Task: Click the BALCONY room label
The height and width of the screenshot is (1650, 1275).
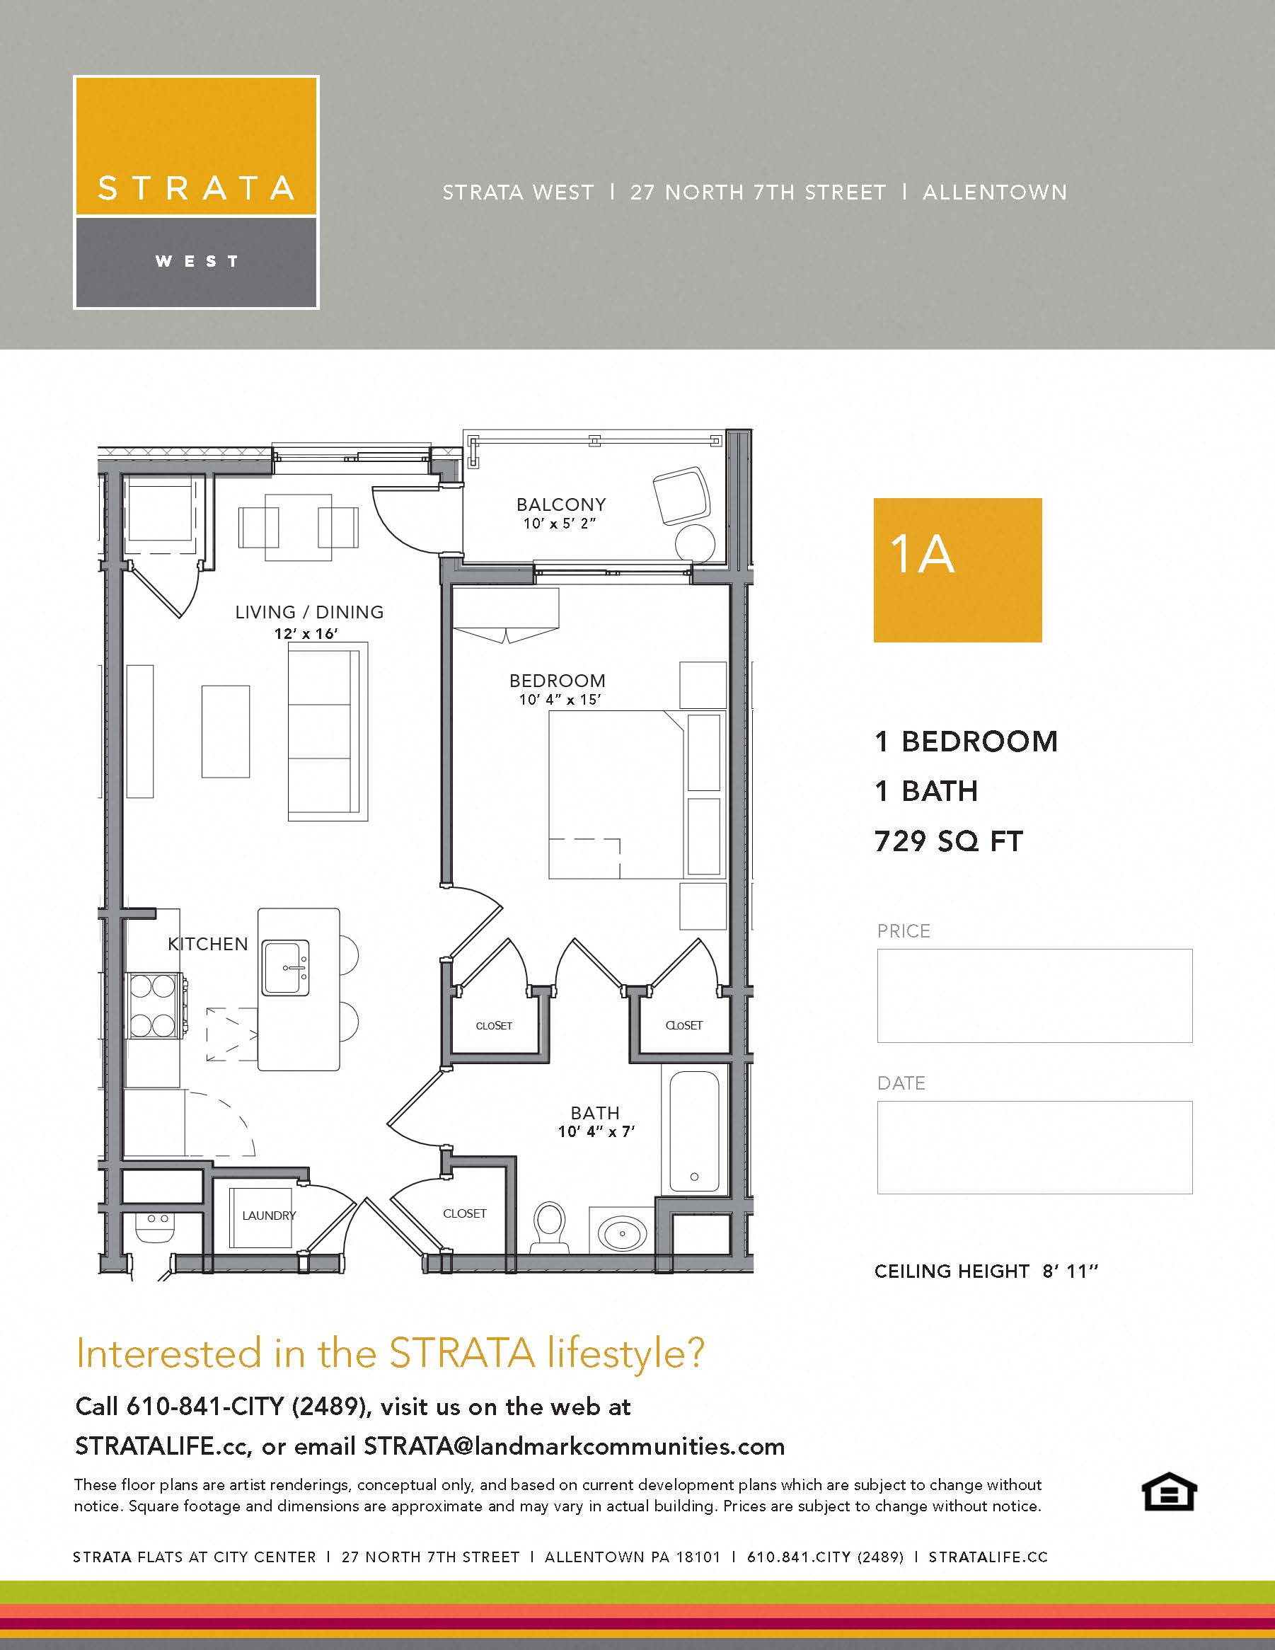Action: [561, 504]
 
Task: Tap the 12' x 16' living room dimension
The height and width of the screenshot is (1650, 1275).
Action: [306, 633]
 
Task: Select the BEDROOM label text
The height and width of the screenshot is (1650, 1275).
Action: [558, 681]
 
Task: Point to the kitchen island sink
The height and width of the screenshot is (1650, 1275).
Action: [286, 968]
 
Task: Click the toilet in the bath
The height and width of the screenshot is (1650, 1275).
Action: [549, 1225]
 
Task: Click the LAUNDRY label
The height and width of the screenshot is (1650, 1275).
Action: [269, 1216]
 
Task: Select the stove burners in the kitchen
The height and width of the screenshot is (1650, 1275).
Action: [154, 1005]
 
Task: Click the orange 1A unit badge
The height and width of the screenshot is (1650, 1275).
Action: [957, 570]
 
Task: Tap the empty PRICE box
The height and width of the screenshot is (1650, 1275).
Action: [1034, 996]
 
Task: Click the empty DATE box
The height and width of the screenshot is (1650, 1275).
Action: [1034, 1147]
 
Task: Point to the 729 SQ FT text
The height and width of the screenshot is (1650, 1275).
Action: [949, 841]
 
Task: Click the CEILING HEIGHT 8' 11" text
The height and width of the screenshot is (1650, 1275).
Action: [986, 1271]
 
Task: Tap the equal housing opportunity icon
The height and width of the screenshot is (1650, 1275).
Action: [1168, 1492]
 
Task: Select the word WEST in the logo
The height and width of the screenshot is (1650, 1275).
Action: [197, 261]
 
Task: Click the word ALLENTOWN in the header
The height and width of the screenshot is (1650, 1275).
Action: [995, 192]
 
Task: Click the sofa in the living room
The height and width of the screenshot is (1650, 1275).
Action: [327, 732]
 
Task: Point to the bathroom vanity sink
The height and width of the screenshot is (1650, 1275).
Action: [623, 1234]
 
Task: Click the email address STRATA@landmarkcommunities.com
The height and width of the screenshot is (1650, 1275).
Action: [574, 1446]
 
